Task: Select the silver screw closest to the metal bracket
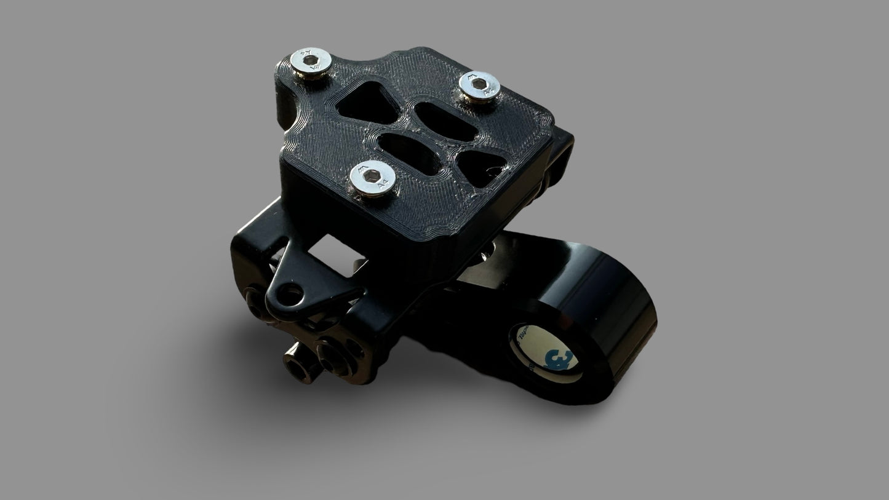coord(372,179)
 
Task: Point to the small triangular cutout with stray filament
coord(484,165)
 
